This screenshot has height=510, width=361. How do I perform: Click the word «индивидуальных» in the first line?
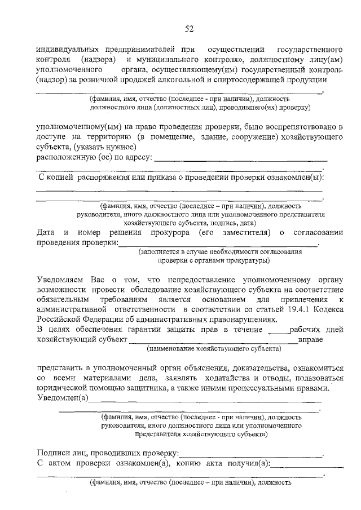[67, 49]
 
